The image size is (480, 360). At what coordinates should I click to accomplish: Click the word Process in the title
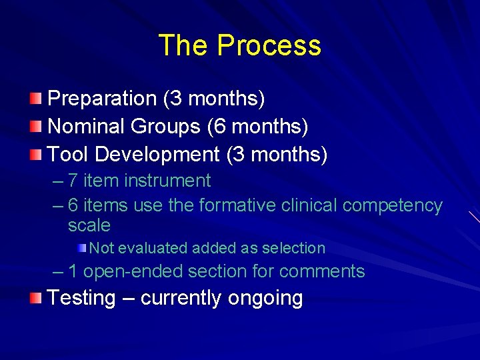tap(269, 45)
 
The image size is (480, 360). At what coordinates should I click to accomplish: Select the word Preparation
tap(102, 99)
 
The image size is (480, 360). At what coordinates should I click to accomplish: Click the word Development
tap(157, 155)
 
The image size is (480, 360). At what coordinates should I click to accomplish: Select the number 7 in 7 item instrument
tap(73, 181)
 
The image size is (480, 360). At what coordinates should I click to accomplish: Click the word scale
tap(89, 226)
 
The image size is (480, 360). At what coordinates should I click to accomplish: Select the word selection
tap(293, 248)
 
